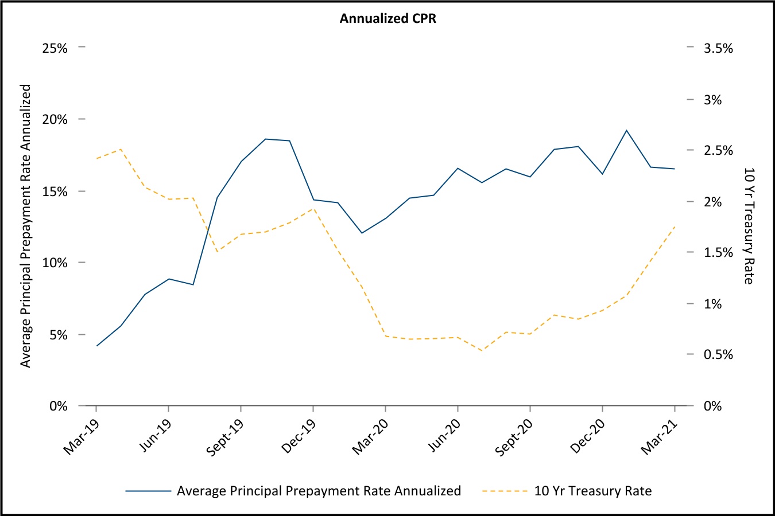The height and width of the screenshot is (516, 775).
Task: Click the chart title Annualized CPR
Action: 387,19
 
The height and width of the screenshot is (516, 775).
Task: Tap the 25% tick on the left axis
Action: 55,48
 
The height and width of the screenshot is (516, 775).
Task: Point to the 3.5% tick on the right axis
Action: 718,48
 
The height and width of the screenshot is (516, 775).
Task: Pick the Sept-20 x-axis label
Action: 514,438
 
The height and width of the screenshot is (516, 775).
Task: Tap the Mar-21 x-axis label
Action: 659,437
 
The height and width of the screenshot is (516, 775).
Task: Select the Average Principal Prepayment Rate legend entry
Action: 319,491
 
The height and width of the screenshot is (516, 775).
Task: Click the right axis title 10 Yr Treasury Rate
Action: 749,226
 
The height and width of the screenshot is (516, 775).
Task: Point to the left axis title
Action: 26,226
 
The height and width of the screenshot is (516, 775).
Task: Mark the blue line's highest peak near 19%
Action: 626,130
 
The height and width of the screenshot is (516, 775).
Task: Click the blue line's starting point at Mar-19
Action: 96,346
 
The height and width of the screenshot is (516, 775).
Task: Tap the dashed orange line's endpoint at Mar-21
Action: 675,227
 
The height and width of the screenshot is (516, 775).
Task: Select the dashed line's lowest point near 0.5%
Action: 482,350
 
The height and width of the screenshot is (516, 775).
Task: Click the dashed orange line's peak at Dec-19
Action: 312,208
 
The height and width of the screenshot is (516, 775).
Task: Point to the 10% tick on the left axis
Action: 55,263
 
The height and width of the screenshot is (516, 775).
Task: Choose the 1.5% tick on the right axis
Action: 718,253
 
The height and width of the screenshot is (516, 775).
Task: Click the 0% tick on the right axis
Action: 712,406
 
